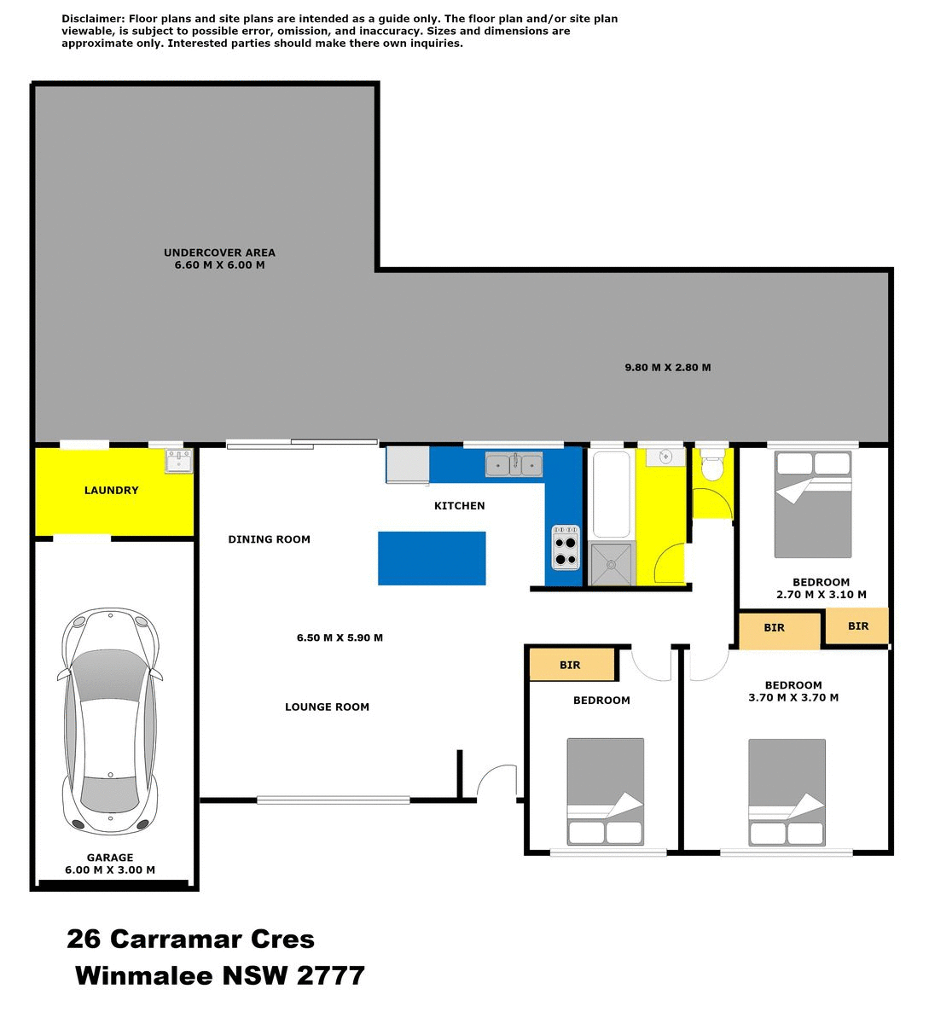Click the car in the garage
[x=110, y=721]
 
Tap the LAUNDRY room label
[x=111, y=491]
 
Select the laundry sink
[x=178, y=463]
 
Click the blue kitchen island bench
[x=432, y=558]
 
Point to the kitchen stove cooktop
[x=566, y=547]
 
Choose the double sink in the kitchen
[x=514, y=465]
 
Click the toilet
[x=711, y=467]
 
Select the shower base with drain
[x=612, y=563]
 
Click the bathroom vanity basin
[x=665, y=457]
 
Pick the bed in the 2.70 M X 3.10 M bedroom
[x=813, y=504]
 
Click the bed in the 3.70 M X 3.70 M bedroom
[x=787, y=792]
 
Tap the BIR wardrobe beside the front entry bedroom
[x=572, y=665]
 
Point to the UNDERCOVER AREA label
[x=219, y=253]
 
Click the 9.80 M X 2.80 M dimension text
[x=667, y=368]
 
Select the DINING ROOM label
[x=269, y=539]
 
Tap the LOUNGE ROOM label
[x=327, y=707]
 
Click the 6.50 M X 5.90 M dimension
[x=340, y=637]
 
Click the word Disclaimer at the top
[x=92, y=19]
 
